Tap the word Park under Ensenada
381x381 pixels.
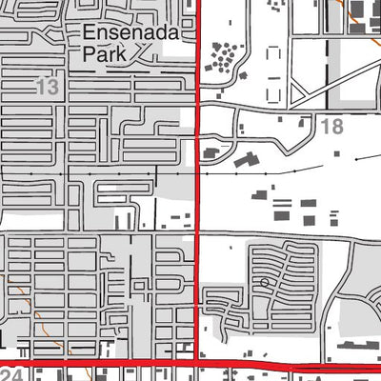coord(105,56)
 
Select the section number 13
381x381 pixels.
coord(47,88)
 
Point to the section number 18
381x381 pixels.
coord(331,127)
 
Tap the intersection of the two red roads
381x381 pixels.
coord(196,364)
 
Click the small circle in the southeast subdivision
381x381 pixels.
coord(264,284)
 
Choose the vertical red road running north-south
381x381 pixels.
coord(197,190)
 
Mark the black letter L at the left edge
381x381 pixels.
coord(4,339)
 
